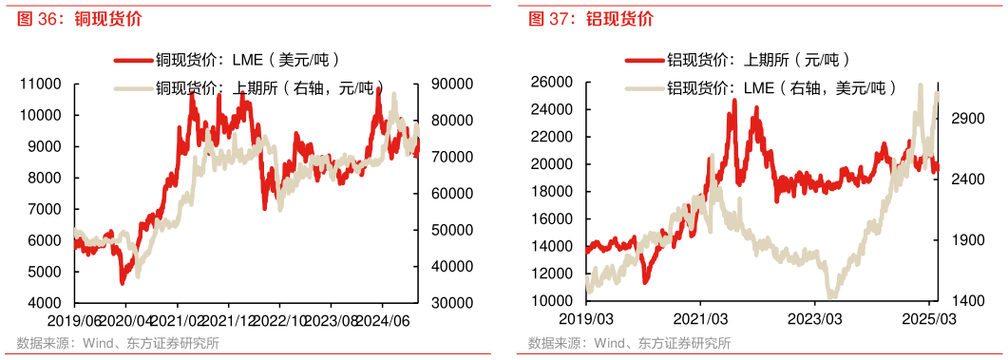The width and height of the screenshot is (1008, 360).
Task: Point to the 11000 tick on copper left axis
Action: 42,85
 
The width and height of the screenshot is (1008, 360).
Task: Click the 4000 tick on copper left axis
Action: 46,303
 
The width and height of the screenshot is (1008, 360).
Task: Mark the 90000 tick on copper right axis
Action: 449,85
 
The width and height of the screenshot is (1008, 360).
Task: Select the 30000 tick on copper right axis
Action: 449,303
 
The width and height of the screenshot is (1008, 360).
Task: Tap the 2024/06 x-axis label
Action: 388,321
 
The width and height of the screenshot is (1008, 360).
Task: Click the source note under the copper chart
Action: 118,343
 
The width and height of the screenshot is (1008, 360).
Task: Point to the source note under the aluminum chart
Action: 630,343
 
